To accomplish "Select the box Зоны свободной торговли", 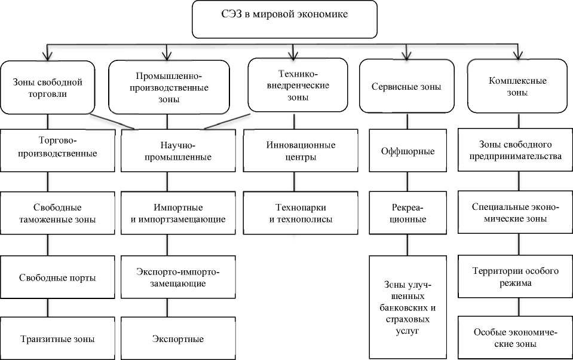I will (47, 87).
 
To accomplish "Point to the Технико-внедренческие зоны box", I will (297, 84).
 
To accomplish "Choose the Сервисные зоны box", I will (406, 87).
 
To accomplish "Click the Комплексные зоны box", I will (517, 86).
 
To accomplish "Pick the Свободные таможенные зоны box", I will (57, 213).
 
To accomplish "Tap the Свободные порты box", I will (57, 277).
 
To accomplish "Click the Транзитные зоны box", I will (57, 339).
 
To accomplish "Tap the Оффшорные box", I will (407, 151).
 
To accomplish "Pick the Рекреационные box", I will (407, 213).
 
